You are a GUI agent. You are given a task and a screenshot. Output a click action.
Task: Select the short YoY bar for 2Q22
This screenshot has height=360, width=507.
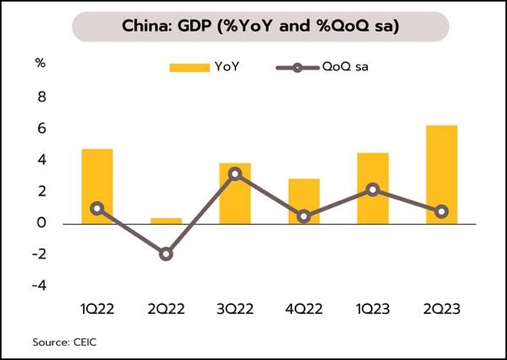166,220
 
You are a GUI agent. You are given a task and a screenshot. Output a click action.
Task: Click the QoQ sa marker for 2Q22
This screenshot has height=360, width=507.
166,254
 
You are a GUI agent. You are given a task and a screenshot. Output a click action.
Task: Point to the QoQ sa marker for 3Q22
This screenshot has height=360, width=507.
235,174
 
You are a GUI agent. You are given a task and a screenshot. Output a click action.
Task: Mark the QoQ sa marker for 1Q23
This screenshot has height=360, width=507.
373,190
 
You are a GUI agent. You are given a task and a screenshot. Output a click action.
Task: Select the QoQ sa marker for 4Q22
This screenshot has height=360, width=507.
304,216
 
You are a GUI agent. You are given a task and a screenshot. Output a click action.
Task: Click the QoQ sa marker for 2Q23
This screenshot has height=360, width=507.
442,212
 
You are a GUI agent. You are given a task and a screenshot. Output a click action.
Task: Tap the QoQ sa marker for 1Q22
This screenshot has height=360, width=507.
97,208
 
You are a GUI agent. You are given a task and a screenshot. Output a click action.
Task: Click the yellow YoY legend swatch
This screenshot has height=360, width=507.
190,68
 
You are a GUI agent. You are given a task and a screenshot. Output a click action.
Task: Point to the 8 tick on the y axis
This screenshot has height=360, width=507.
42,97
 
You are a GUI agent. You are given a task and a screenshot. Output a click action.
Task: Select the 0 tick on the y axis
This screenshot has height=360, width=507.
42,223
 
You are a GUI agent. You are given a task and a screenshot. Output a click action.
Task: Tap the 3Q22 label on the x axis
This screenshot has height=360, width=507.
235,309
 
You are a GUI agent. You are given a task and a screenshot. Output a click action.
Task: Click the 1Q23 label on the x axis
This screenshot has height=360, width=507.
373,309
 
